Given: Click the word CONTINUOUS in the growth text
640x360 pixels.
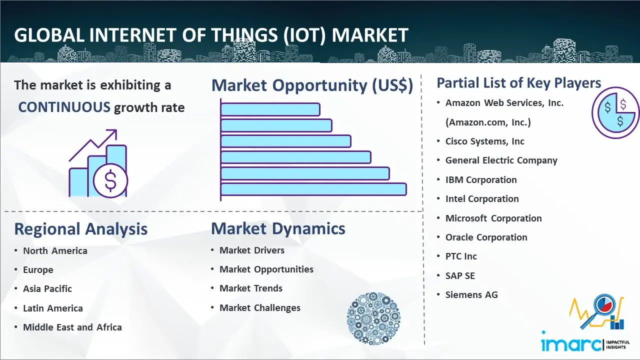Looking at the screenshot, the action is point(64,107).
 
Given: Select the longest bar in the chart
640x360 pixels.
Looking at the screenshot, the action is point(313,189).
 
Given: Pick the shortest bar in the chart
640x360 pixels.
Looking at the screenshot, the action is point(270,109).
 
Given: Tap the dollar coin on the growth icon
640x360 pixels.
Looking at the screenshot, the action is point(110,181).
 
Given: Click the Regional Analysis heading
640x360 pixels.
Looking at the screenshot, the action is point(81,229).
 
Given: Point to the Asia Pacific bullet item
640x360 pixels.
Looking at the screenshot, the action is point(47,289).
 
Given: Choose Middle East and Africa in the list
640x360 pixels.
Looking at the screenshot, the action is point(72,327).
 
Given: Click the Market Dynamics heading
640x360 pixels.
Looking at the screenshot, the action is point(278,228).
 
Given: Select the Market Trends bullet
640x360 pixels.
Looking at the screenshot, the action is point(251,288).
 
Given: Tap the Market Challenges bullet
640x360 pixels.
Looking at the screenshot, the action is point(259,307).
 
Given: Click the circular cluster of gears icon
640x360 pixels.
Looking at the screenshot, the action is point(373,318).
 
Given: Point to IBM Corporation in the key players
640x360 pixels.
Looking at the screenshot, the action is point(481,179).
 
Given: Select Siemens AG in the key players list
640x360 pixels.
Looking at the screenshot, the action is point(471,294).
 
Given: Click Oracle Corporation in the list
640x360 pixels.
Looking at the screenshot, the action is point(486,237).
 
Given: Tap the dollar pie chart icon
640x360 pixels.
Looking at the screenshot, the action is point(615,113).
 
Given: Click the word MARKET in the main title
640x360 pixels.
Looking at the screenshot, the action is point(369,35).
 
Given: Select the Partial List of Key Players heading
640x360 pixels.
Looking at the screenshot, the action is point(519,83).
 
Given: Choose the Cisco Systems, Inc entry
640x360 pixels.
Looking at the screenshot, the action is point(485,141).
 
